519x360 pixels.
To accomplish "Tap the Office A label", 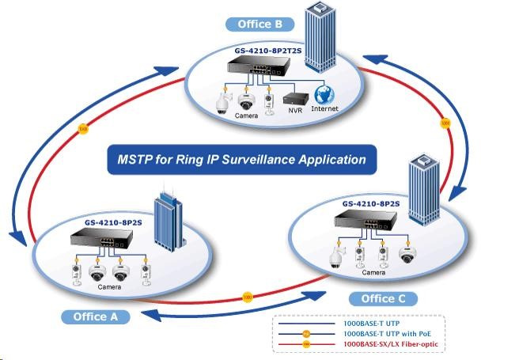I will point(94,316).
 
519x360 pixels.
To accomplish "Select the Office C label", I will point(382,298).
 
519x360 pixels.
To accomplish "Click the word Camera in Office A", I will point(109,287).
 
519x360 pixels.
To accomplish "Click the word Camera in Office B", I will point(235,116).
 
